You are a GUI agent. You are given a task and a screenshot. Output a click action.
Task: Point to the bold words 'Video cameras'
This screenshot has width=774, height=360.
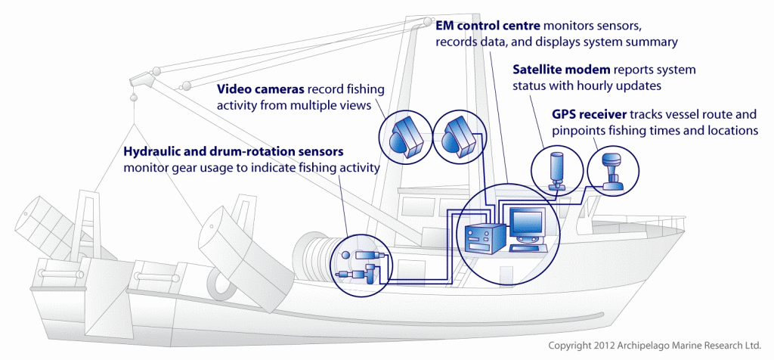[255, 88]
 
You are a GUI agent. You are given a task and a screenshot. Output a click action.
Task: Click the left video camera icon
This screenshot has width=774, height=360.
[409, 137]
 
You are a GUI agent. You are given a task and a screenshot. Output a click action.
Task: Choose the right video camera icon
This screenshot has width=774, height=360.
[460, 135]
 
